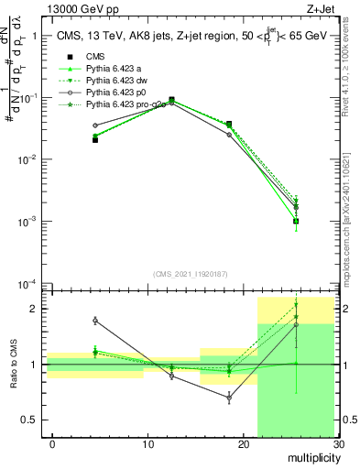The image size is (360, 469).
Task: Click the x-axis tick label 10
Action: coord(147,444)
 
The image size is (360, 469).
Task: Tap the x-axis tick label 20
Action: coord(243,444)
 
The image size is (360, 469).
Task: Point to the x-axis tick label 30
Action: coord(338,444)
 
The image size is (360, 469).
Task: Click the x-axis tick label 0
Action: coord(52,444)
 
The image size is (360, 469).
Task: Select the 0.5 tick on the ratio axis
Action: coord(34,420)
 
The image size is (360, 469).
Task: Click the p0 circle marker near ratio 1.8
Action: coord(95,321)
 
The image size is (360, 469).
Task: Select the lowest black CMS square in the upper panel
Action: coord(296,221)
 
